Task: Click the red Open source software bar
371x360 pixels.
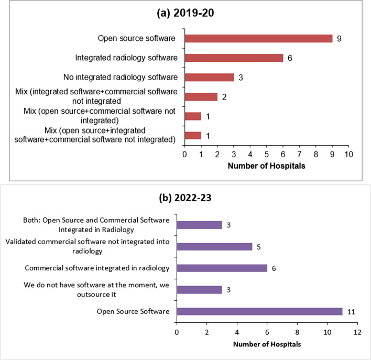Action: point(258,38)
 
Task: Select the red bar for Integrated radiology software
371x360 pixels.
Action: point(234,58)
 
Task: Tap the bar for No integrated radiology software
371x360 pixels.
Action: point(209,77)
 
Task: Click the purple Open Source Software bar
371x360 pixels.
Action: point(259,312)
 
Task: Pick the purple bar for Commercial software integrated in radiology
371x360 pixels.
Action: point(222,268)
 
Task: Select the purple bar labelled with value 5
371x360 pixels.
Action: point(214,246)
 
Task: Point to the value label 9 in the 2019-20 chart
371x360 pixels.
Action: point(339,39)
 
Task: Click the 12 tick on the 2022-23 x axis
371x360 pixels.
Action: point(357,332)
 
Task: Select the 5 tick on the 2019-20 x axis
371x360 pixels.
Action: point(266,155)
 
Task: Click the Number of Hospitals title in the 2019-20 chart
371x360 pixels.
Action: point(266,167)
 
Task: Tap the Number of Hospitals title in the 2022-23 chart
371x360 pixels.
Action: point(267,344)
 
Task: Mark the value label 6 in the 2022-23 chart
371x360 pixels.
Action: point(274,268)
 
